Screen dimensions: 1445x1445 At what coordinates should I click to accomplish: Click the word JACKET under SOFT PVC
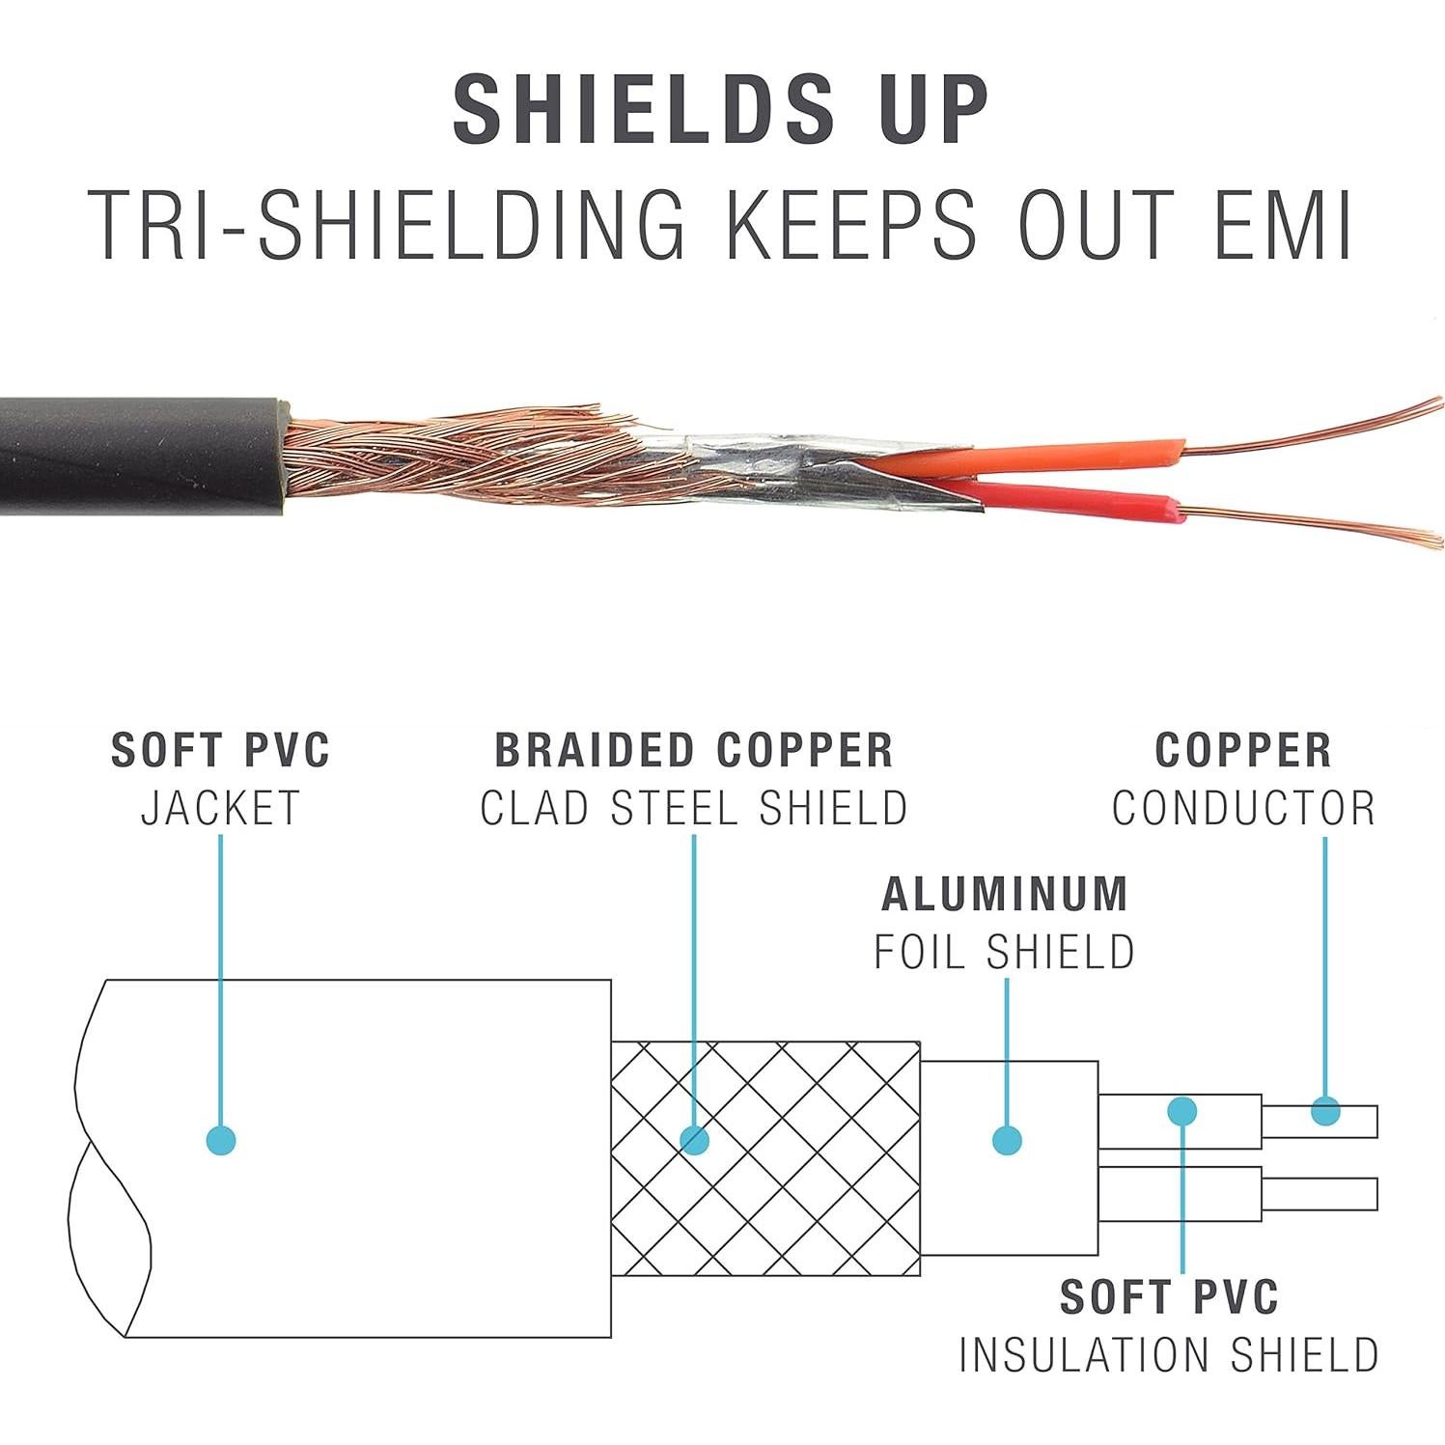tap(221, 808)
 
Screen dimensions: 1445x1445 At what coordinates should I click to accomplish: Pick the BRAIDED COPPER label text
tap(694, 750)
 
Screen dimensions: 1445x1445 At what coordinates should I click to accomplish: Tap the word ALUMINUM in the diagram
tap(1005, 894)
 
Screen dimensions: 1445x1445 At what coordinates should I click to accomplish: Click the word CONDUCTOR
tap(1243, 808)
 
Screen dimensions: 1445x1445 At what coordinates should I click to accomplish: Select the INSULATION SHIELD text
tap(1168, 1354)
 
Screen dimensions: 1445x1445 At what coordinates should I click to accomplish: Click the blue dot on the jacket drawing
tap(221, 1140)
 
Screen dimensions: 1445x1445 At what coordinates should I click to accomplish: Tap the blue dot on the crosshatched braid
tap(694, 1140)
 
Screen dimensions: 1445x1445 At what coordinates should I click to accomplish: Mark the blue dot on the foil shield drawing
tap(1007, 1140)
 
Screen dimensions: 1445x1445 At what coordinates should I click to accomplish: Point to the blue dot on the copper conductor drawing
tap(1325, 1112)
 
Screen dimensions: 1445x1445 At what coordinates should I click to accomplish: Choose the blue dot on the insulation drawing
tap(1182, 1111)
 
